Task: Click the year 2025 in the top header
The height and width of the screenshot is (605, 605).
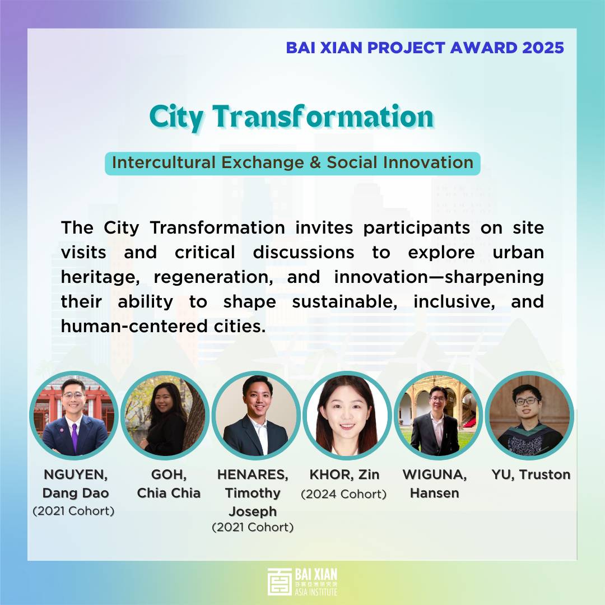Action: pos(543,48)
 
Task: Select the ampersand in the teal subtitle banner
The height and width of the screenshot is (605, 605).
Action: pos(315,162)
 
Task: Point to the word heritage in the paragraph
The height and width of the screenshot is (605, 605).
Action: pos(100,277)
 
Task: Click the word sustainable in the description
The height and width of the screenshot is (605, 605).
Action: pos(345,302)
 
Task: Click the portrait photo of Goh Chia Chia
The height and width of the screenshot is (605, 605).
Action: pos(165,416)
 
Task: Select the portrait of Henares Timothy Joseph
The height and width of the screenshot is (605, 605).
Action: pos(256,416)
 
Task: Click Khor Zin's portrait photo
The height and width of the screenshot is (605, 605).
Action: pos(347,416)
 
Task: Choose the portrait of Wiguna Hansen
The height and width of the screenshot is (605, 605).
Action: pos(438,416)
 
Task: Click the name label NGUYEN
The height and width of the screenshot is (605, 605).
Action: pos(76,474)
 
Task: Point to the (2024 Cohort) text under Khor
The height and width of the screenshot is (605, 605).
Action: pos(344,494)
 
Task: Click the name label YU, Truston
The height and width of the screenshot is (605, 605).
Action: pos(531,474)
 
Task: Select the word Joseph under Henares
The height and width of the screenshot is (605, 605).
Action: pos(253,511)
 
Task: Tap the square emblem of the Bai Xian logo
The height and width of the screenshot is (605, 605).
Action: pos(280,581)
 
